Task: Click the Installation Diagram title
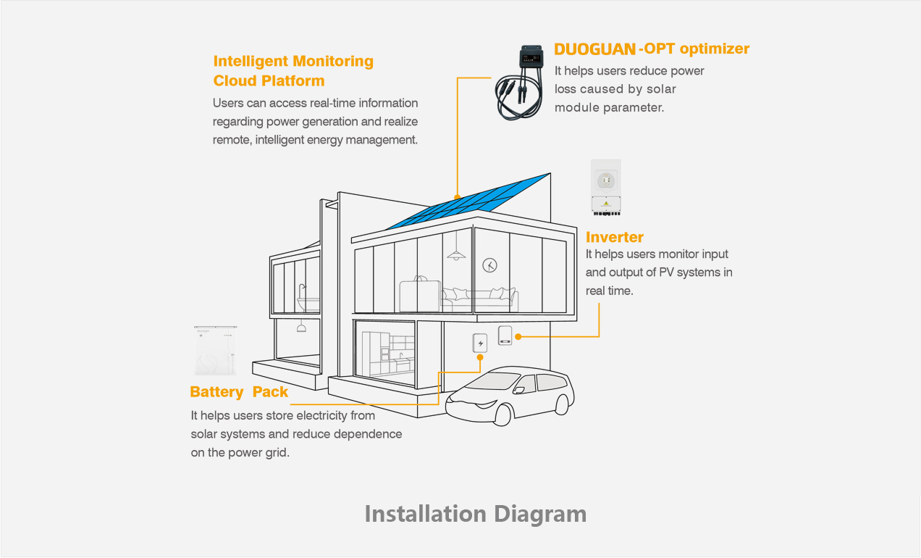pos(475,514)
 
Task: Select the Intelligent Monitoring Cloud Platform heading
pos(293,71)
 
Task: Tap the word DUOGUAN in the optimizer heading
pos(594,49)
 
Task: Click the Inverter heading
pos(614,237)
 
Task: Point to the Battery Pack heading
pos(239,392)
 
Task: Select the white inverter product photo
pos(605,188)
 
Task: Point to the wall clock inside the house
pos(490,265)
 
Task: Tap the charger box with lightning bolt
pos(479,343)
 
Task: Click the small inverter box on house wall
pos(505,336)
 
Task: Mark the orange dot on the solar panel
pos(457,196)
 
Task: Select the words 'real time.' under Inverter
pos(609,291)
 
